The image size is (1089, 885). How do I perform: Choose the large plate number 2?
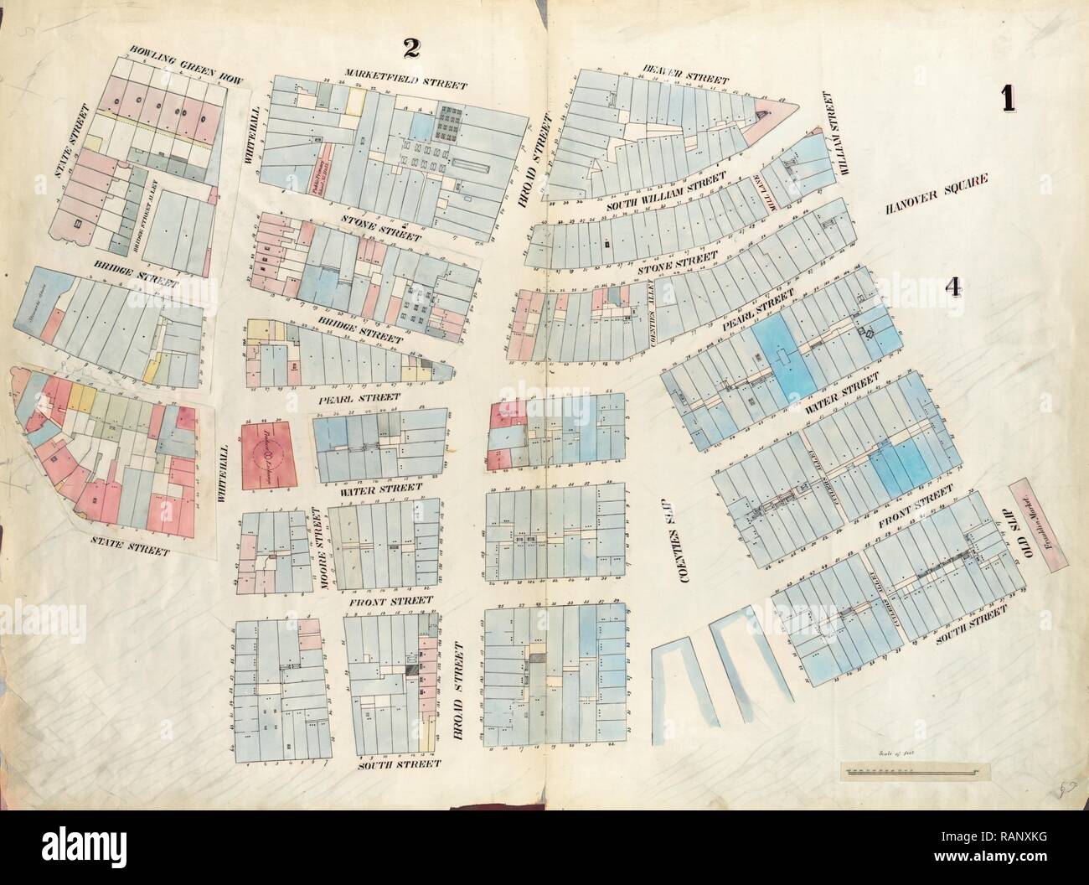pos(410,49)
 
